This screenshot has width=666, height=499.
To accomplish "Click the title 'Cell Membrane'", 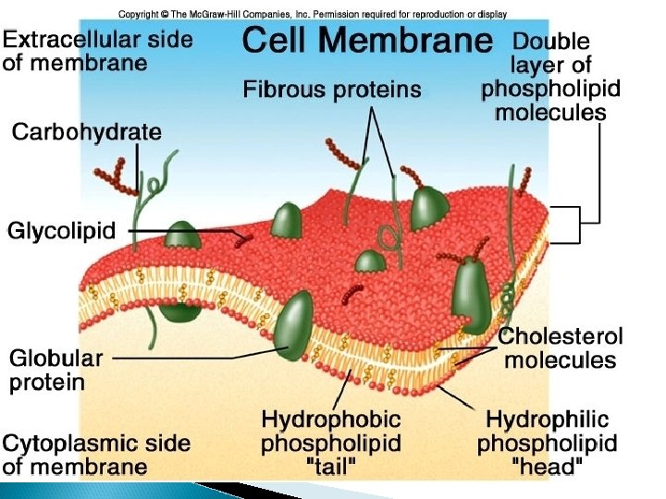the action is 366,40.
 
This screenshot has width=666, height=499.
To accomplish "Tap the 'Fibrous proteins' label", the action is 332,90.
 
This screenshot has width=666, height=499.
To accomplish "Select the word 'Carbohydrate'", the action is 86,132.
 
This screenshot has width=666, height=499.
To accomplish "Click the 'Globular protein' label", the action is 56,369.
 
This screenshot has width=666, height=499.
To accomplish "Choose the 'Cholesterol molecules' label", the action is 561,348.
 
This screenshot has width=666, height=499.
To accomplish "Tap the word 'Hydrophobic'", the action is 330,420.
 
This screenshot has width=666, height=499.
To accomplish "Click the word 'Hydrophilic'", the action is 548,420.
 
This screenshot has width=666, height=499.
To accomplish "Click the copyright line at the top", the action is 313,14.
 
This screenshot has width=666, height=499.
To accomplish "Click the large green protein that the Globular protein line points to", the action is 297,326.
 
